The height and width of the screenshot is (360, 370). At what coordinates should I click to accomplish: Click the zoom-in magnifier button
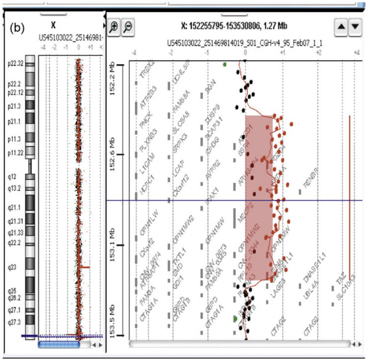(114, 28)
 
